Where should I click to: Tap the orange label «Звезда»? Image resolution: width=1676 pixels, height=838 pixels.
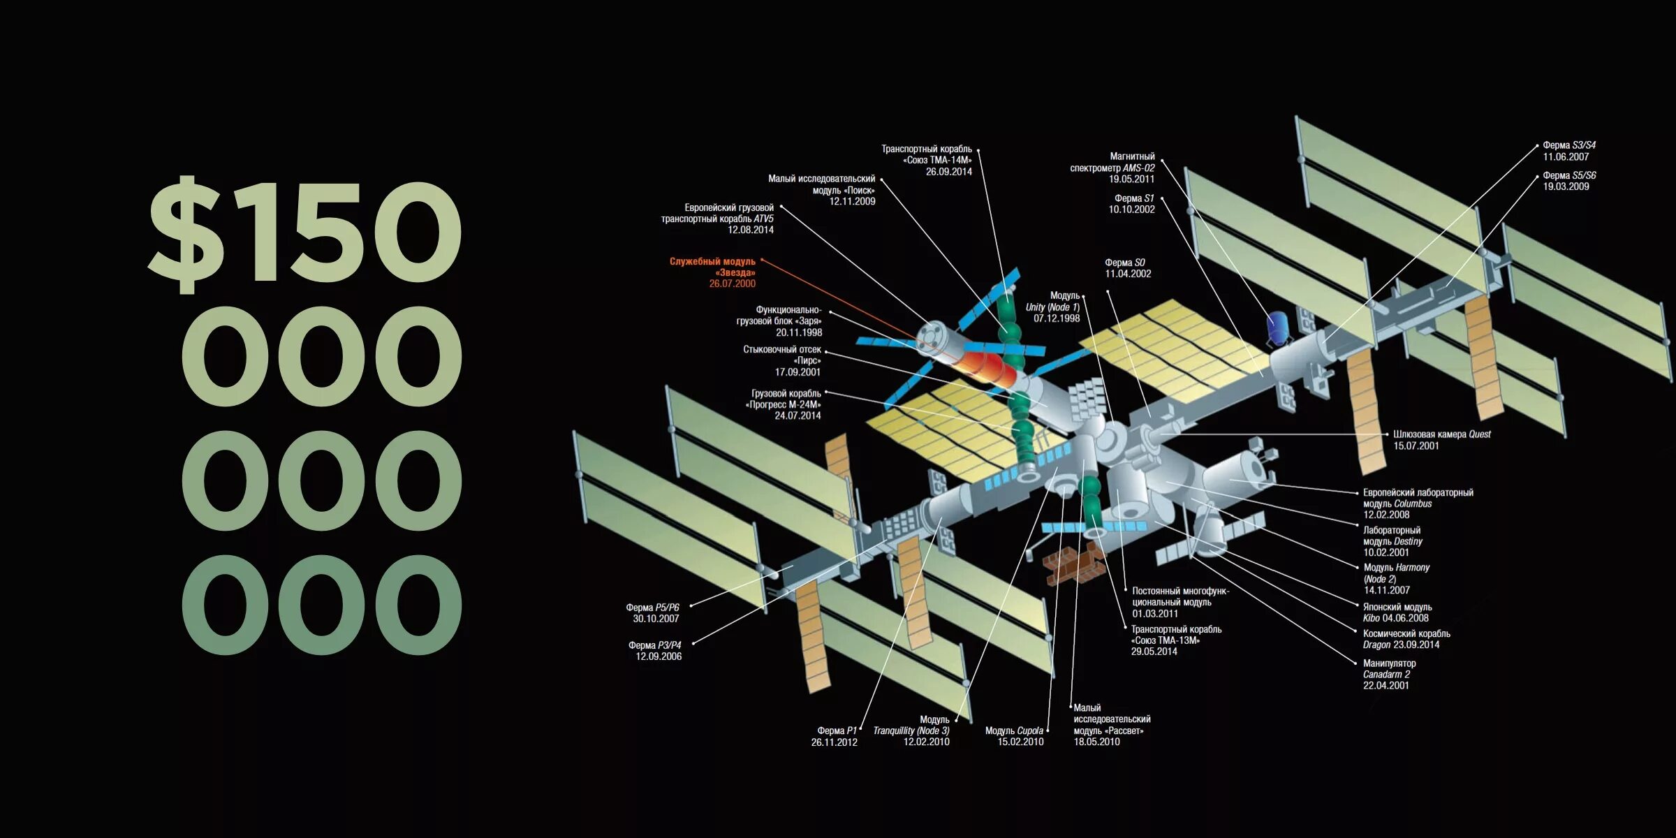click(x=735, y=273)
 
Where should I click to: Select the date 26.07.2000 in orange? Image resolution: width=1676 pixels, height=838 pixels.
click(x=732, y=284)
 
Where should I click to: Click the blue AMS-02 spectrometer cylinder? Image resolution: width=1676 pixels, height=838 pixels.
click(x=1279, y=328)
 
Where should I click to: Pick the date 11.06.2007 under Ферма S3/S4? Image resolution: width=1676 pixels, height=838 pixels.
click(x=1566, y=157)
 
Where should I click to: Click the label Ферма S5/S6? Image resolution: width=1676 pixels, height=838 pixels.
click(x=1569, y=175)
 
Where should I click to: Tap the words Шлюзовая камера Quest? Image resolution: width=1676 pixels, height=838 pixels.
click(x=1441, y=434)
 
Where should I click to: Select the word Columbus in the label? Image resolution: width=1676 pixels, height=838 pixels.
click(x=1413, y=503)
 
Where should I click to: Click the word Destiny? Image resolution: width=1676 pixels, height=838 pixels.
click(x=1408, y=541)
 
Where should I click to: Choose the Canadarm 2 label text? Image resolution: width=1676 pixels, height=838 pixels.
click(x=1386, y=675)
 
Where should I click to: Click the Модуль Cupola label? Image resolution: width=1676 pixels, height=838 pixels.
click(x=1014, y=730)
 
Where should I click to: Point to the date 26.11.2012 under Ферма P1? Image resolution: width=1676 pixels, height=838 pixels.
click(x=834, y=742)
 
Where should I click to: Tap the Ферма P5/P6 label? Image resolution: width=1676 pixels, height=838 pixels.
click(x=652, y=608)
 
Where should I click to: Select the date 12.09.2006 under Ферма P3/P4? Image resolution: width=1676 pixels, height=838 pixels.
click(x=658, y=656)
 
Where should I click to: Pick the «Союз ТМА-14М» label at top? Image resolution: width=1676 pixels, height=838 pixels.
click(x=936, y=161)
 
